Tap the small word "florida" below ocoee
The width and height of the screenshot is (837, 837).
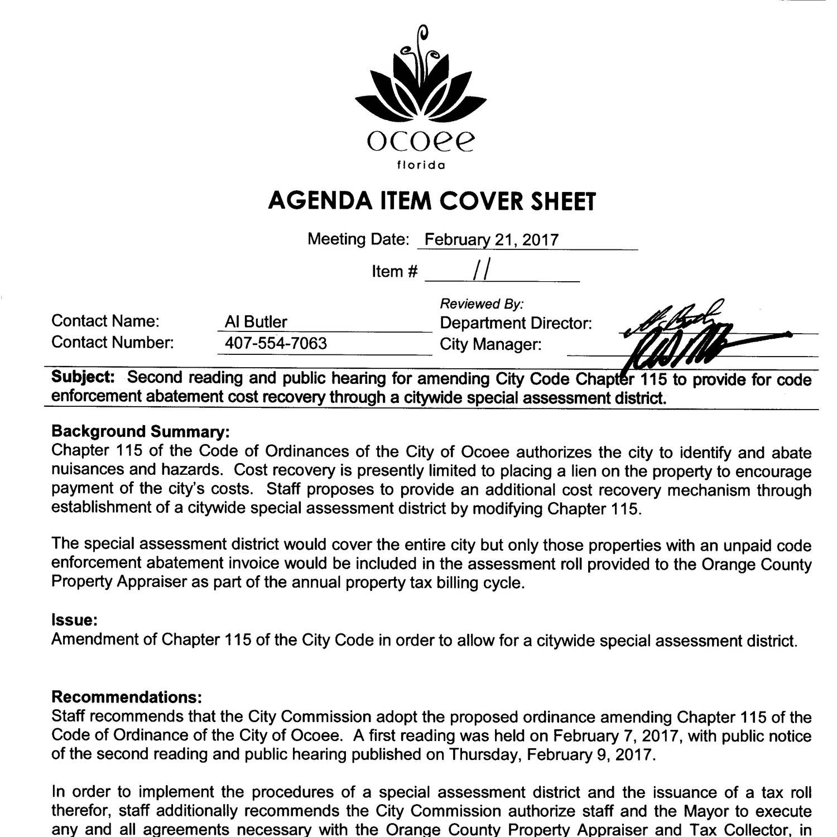421,166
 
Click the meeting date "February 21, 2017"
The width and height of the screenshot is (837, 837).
491,240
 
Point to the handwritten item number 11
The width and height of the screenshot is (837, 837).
482,271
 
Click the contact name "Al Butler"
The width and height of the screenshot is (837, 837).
256,322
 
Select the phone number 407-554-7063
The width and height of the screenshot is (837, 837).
276,343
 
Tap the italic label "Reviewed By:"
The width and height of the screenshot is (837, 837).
482,304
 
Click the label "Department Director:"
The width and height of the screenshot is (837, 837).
516,323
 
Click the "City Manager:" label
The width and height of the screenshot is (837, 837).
490,344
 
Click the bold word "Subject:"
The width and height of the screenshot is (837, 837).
83,377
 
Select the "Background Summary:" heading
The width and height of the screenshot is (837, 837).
140,431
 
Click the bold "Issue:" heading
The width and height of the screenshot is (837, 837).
75,620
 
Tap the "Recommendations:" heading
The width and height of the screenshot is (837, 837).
126,697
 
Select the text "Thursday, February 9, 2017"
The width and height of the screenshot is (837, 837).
550,754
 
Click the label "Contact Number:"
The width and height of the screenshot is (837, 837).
112,342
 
